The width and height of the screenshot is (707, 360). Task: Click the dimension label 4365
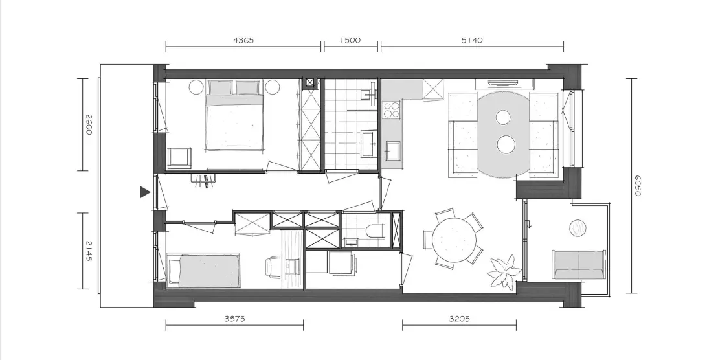[243, 40]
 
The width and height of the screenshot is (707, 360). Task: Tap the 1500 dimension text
[350, 40]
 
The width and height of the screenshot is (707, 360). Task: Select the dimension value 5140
[472, 40]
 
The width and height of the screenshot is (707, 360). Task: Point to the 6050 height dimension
[636, 185]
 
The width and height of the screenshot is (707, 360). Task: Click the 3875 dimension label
[234, 319]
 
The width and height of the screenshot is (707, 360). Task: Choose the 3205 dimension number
[459, 319]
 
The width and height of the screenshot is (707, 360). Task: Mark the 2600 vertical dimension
[88, 124]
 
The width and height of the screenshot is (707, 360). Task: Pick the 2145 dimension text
[88, 251]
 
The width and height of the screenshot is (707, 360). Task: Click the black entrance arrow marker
[144, 192]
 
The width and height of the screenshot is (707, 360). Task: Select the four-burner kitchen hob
[391, 109]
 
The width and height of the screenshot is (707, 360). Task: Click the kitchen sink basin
[392, 151]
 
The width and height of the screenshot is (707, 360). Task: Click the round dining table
[454, 240]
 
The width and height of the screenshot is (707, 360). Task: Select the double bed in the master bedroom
[234, 115]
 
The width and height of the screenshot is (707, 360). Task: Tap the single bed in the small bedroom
[203, 271]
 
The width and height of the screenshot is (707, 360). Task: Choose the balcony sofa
[579, 265]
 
